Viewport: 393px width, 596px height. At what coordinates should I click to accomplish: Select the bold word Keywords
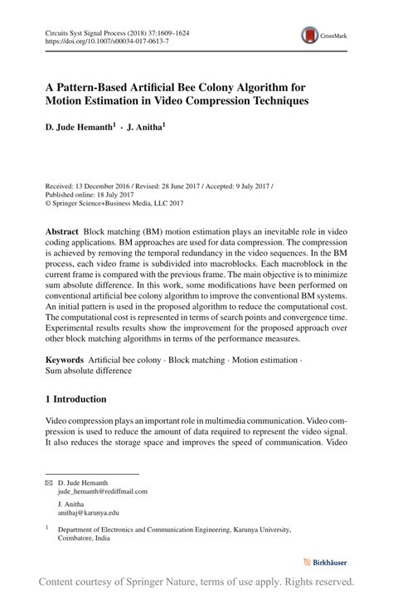coord(64,360)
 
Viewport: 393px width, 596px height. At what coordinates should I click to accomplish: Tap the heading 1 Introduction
coord(75,399)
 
